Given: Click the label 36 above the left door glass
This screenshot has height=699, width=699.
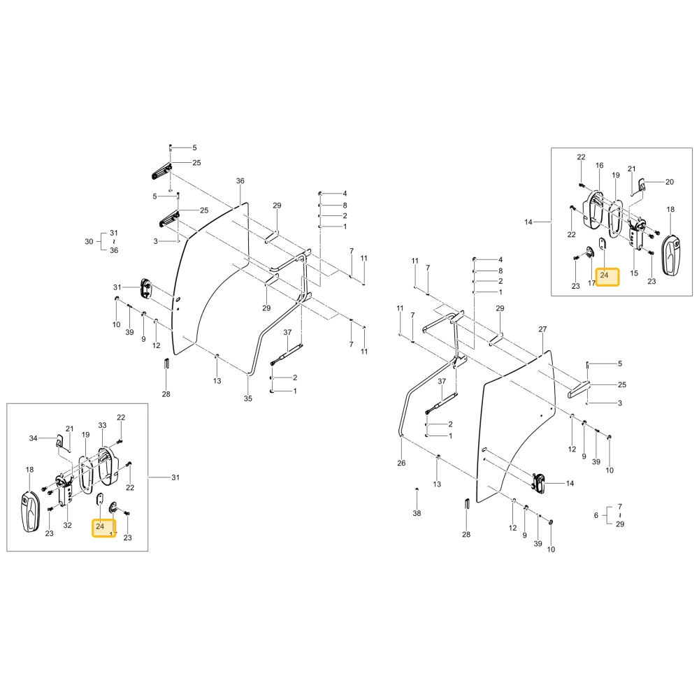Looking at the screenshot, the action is (240, 181).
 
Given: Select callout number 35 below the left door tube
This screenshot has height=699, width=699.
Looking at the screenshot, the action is (248, 398).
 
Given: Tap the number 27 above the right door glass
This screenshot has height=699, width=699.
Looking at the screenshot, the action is (542, 329).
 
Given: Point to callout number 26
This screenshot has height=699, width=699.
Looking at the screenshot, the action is (401, 463).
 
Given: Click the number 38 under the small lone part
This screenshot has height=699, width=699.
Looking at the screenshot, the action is (417, 513).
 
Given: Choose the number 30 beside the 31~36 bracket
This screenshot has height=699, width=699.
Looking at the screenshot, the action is (89, 242).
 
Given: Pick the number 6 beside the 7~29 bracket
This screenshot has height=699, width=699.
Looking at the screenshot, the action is (596, 515).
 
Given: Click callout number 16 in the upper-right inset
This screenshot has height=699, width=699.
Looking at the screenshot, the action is (600, 166).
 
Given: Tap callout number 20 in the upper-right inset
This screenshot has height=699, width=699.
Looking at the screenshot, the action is (670, 182).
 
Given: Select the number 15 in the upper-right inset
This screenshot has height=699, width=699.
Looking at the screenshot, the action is (634, 273).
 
